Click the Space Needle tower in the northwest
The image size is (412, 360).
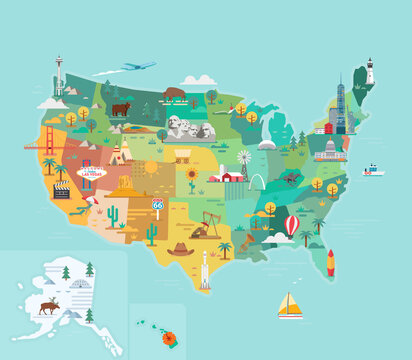pyautogui.click(x=59, y=75)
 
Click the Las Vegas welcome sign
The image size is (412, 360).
pyautogui.click(x=91, y=172)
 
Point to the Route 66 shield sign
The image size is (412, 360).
pyautogui.click(x=157, y=204)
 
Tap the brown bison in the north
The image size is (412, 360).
pyautogui.click(x=175, y=94)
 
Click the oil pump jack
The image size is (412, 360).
pyautogui.click(x=208, y=225)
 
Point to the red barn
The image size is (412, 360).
pyautogui.click(x=231, y=175)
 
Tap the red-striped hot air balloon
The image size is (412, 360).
pyautogui.click(x=291, y=225)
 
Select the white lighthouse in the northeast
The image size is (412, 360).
pyautogui.click(x=369, y=71)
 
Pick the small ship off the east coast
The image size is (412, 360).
pyautogui.click(x=373, y=170)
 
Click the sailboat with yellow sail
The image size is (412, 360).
pyautogui.click(x=290, y=305)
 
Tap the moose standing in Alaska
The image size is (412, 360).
pyautogui.click(x=48, y=305)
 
